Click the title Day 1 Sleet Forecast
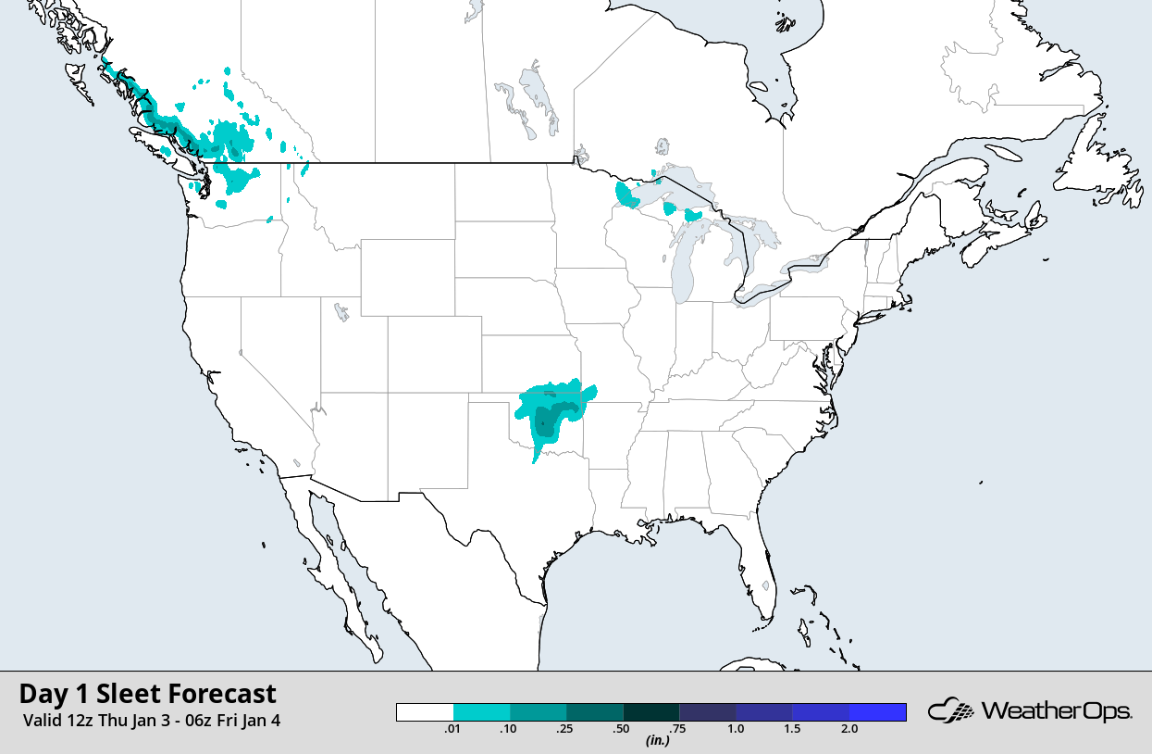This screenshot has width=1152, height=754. click(147, 694)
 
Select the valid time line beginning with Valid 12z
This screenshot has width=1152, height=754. click(151, 720)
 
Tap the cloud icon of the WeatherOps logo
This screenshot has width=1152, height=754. click(952, 711)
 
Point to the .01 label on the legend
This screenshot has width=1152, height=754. click(453, 729)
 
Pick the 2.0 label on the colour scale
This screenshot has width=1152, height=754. click(849, 729)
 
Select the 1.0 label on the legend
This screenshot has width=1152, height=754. click(736, 729)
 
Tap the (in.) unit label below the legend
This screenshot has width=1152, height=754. click(657, 740)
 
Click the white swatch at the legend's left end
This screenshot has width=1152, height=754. click(425, 711)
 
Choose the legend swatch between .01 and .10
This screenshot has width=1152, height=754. click(481, 711)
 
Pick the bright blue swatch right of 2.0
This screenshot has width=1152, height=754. click(877, 711)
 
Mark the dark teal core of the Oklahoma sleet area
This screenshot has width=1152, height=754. click(545, 424)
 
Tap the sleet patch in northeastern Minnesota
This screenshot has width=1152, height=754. click(626, 195)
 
